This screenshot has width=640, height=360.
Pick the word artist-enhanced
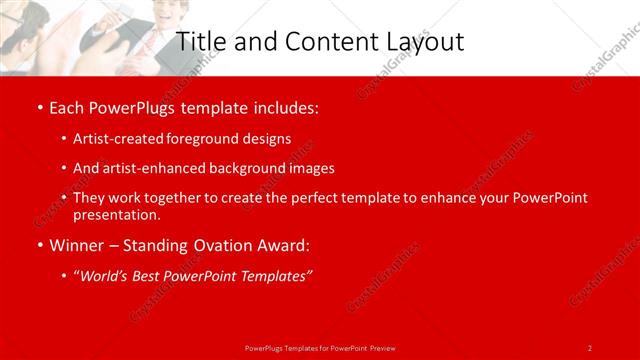pyautogui.click(x=152, y=169)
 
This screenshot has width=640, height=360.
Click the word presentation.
pyautogui.click(x=116, y=215)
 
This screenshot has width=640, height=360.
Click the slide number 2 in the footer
pyautogui.click(x=590, y=347)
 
